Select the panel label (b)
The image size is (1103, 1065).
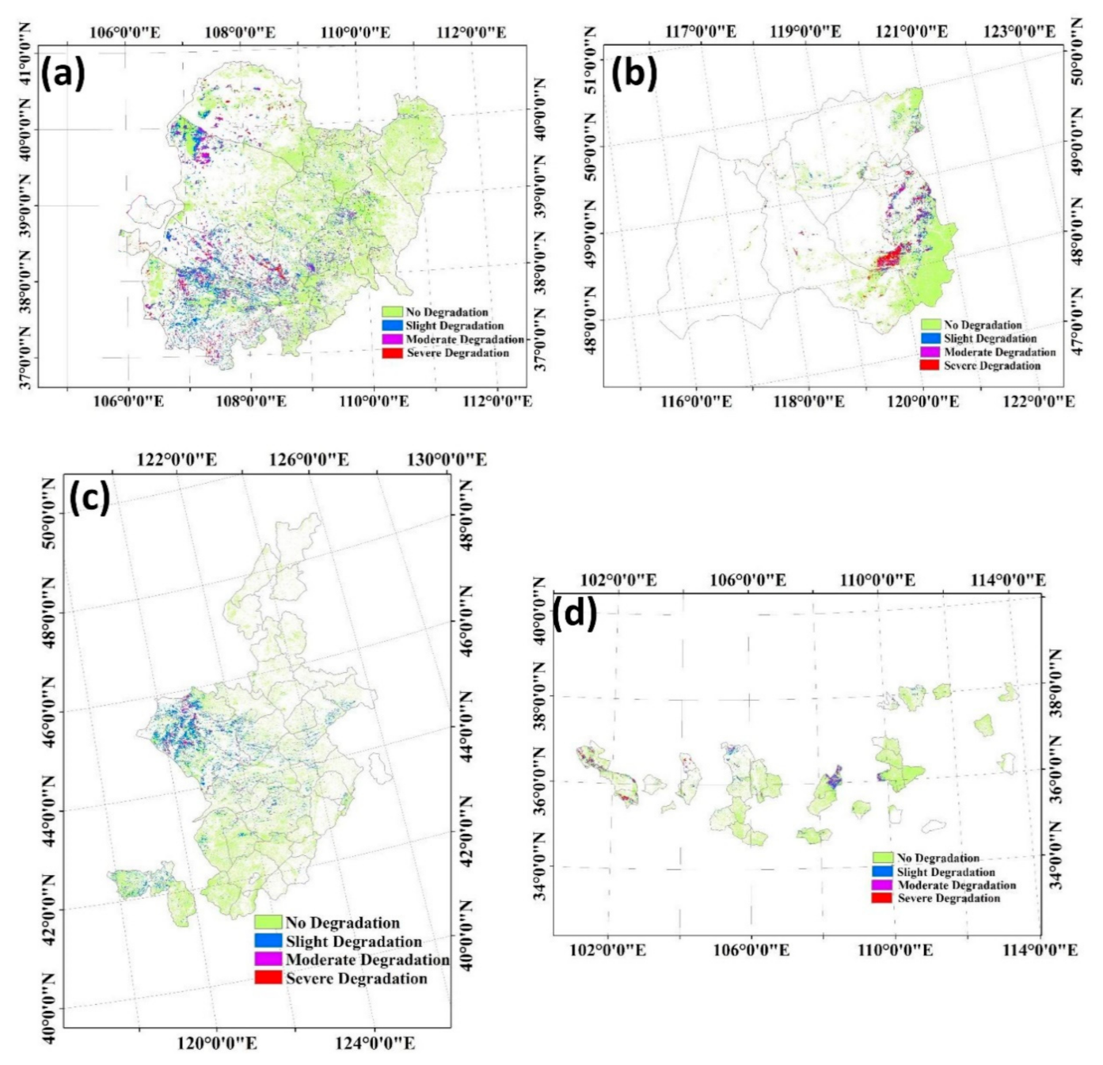(x=633, y=73)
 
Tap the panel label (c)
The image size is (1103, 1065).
(x=89, y=498)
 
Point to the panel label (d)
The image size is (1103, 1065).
(x=575, y=614)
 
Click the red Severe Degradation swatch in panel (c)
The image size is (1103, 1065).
(x=268, y=978)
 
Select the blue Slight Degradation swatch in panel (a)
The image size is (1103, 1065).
(x=392, y=325)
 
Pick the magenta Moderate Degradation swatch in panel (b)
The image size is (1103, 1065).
(x=930, y=352)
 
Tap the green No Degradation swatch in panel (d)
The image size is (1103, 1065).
(x=882, y=858)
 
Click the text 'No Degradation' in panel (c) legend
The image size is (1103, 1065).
(x=342, y=922)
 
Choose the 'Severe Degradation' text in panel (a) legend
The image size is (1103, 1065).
(x=457, y=353)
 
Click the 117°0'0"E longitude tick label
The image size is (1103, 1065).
(x=700, y=32)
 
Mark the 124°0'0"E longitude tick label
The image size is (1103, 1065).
(x=375, y=1044)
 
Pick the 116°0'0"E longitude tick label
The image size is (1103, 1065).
(x=696, y=401)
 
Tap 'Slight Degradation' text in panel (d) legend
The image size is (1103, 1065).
(x=945, y=872)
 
